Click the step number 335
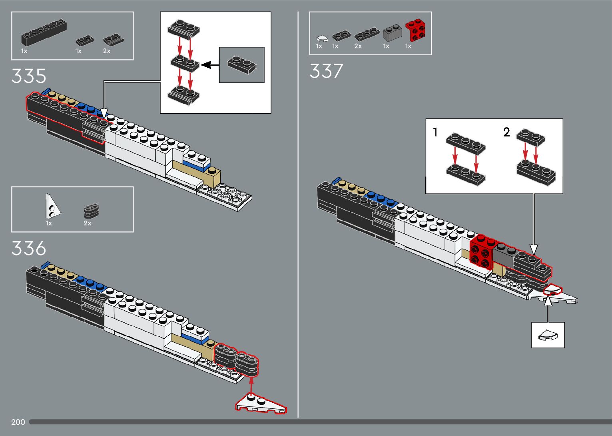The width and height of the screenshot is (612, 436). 29,76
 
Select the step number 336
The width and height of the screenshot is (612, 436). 29,249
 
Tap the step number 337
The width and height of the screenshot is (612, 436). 326,71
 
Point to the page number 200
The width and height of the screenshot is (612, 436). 18,422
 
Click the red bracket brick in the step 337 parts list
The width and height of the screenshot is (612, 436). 415,30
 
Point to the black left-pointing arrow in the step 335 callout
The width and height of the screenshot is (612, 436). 209,65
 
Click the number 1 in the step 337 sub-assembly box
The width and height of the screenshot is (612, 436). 435,132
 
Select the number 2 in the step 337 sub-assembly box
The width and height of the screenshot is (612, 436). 506,132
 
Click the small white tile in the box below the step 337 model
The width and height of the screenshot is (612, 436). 548,335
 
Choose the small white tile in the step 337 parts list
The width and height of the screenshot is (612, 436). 321,38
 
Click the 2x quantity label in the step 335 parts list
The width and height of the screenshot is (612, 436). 107,51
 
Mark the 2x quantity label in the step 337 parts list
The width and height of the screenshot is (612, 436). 358,46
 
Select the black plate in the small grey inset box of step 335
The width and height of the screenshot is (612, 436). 241,65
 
